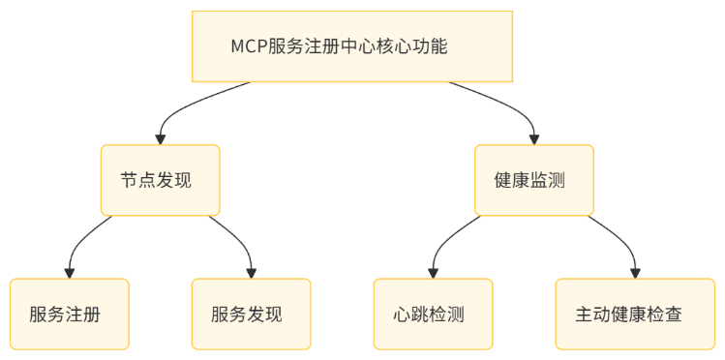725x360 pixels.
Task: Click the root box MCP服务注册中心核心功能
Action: (351, 46)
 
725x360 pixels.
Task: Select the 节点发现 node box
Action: (161, 180)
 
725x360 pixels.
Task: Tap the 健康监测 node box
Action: (533, 180)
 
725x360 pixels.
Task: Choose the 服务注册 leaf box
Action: (69, 314)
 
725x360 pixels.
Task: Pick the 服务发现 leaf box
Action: (251, 314)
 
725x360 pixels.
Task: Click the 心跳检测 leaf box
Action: (433, 314)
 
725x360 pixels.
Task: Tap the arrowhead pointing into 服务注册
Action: (69, 273)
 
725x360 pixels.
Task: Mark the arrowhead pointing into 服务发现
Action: (251, 273)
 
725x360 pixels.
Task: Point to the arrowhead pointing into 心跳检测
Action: (433, 273)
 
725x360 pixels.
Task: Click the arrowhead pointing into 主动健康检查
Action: (635, 273)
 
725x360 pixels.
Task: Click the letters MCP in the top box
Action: (247, 46)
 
